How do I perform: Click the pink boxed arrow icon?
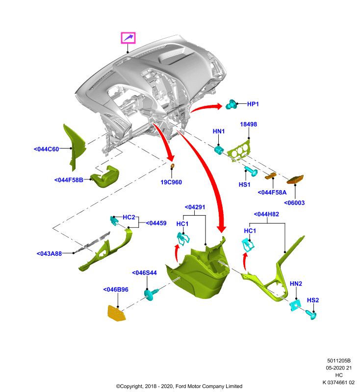[x=128, y=38]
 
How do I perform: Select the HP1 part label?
[x=253, y=104]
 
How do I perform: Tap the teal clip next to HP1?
[x=231, y=104]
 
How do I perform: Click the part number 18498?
[x=249, y=124]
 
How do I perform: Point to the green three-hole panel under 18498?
[x=238, y=150]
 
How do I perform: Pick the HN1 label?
[x=219, y=131]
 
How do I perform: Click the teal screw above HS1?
[x=251, y=171]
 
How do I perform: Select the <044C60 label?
[x=46, y=149]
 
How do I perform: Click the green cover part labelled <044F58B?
[x=105, y=177]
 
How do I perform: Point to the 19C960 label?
[x=171, y=182]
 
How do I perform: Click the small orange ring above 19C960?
[x=172, y=166]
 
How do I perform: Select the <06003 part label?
[x=294, y=203]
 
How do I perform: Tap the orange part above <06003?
[x=295, y=179]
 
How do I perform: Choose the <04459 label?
[x=156, y=223]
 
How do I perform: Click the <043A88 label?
[x=49, y=253]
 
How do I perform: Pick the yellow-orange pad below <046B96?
[x=116, y=313]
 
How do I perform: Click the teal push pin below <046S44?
[x=151, y=294]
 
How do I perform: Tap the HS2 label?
[x=313, y=300]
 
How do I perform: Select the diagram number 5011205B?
[x=339, y=361]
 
